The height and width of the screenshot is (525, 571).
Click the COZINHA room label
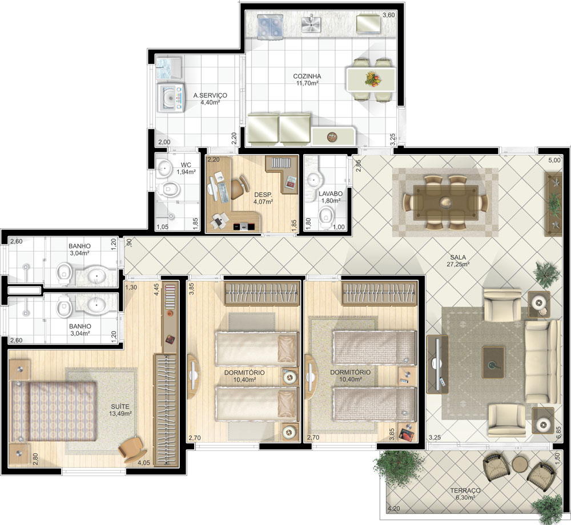[x=307, y=76]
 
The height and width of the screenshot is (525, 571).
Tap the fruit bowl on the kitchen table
[x=372, y=78]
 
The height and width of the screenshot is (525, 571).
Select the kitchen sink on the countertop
[x=311, y=23]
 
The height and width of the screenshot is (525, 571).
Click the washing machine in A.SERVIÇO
[x=171, y=98]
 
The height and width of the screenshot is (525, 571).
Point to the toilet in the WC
[x=170, y=189]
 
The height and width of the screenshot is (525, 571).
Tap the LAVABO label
[x=331, y=194]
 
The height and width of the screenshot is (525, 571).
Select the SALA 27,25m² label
[x=458, y=261]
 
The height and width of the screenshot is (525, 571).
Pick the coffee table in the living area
[x=493, y=362]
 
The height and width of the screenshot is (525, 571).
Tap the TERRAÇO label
[x=465, y=490]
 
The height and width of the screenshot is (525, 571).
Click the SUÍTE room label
[x=120, y=406]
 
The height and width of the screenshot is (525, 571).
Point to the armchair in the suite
[x=132, y=449]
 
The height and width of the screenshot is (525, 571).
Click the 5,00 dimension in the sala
[x=555, y=160]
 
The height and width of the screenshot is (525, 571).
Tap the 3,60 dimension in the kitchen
[x=388, y=15]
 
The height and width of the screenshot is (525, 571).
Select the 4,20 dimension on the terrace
[x=393, y=508]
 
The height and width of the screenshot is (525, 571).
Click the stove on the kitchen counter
[x=270, y=27]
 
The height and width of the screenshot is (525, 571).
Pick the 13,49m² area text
[x=120, y=414]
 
